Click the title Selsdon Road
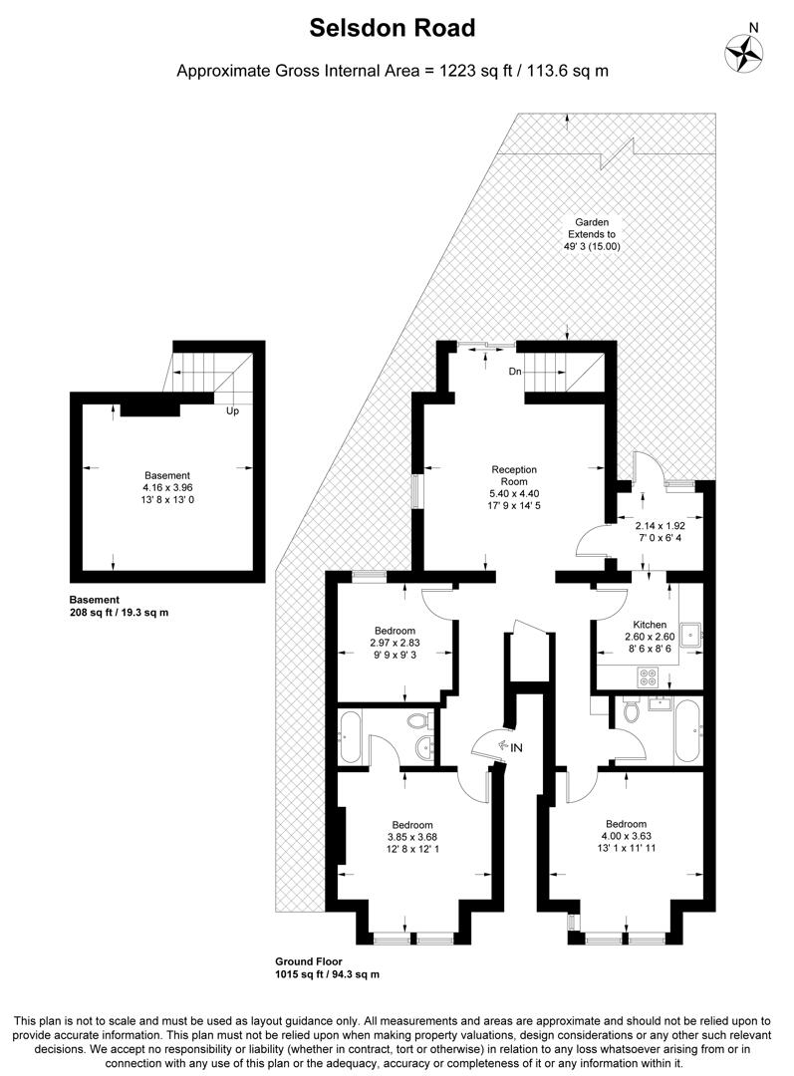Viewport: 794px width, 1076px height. (392, 29)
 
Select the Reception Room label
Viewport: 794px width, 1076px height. (514, 474)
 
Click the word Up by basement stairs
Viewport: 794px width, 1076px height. (232, 410)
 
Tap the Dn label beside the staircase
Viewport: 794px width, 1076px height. (515, 372)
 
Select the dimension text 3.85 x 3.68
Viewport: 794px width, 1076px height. (411, 837)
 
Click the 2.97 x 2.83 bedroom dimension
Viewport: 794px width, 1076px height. (395, 644)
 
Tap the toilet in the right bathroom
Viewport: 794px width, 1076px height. (630, 711)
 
